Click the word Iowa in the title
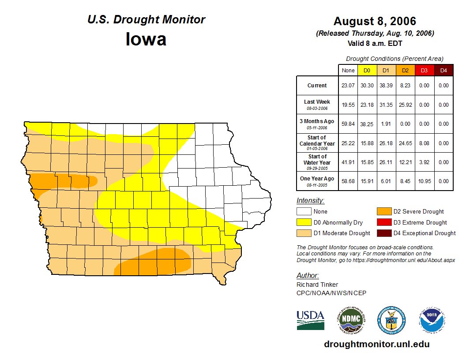click(146, 39)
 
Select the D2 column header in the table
click(405, 70)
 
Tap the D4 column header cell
click(443, 70)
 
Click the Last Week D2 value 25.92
click(405, 105)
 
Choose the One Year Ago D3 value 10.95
click(424, 181)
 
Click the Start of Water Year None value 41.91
click(348, 162)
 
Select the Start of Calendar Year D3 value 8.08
click(424, 143)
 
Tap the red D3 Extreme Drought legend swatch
click(383, 222)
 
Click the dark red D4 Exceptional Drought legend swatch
click(383, 233)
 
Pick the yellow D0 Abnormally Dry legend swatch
click(304, 222)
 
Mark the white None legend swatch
click(304, 212)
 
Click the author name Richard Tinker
click(317, 285)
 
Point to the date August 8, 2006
click(375, 21)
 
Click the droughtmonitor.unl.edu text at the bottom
click(376, 344)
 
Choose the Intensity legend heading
click(310, 201)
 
